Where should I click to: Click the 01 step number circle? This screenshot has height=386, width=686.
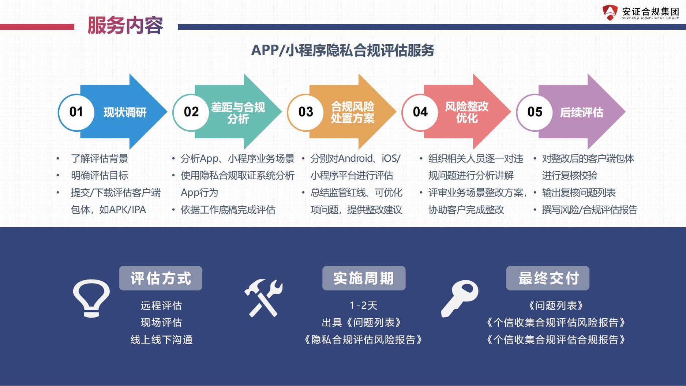(x=76, y=112)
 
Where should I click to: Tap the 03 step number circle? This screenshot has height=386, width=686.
(x=305, y=112)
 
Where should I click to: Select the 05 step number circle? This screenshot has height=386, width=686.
(x=535, y=112)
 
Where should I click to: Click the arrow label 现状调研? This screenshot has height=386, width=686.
(x=125, y=112)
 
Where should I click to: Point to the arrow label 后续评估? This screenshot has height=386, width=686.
(x=582, y=112)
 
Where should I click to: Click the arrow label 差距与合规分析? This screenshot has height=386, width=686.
(x=238, y=113)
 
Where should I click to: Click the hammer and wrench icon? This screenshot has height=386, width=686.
(x=263, y=298)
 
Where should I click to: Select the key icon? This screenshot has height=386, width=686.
(x=460, y=299)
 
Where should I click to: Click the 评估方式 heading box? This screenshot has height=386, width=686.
(x=161, y=278)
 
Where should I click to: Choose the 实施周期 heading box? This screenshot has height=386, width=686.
(x=364, y=278)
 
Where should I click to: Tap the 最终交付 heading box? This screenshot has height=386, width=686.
(x=548, y=278)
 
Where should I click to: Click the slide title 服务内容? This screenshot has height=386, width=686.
(x=125, y=26)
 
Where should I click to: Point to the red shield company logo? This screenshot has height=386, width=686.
(x=610, y=12)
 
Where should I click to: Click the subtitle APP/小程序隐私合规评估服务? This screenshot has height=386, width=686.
(x=343, y=50)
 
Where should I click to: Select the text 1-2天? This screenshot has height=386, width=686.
(x=363, y=306)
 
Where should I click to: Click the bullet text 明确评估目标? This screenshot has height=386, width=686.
(x=100, y=176)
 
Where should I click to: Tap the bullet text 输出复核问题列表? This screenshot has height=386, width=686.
(x=579, y=193)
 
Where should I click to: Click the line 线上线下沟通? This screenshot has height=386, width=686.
(x=161, y=340)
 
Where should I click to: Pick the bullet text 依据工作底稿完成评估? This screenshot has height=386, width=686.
(x=228, y=210)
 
